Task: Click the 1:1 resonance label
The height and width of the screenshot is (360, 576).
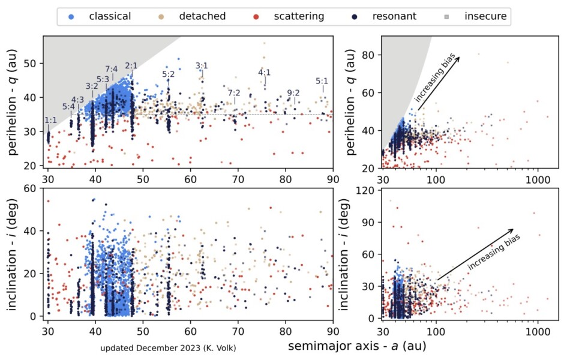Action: pyautogui.click(x=51, y=120)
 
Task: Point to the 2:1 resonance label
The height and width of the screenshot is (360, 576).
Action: pyautogui.click(x=132, y=65)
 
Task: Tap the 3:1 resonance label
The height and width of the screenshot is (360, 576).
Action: pyautogui.click(x=202, y=65)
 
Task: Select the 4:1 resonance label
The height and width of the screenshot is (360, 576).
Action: pyautogui.click(x=265, y=73)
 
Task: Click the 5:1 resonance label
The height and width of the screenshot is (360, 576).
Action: pyautogui.click(x=322, y=81)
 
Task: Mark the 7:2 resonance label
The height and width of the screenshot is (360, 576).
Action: pyautogui.click(x=234, y=93)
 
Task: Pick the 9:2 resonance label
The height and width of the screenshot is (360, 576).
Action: pyautogui.click(x=293, y=93)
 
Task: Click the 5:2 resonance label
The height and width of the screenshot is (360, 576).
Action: pyautogui.click(x=169, y=74)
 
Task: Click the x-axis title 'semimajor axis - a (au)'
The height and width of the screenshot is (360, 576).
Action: pyautogui.click(x=360, y=346)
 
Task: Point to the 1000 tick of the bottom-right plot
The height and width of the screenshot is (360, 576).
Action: pyautogui.click(x=537, y=330)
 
